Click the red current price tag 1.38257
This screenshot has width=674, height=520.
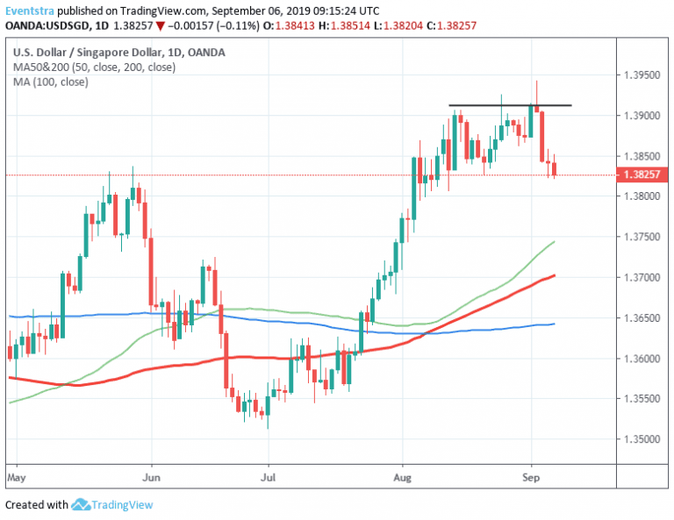(x=645, y=175)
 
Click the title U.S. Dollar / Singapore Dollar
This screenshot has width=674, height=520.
(x=75, y=53)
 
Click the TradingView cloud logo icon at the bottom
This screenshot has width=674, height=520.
(x=82, y=504)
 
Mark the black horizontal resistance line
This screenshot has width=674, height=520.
(x=510, y=105)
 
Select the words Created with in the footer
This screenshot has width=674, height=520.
(x=36, y=505)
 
